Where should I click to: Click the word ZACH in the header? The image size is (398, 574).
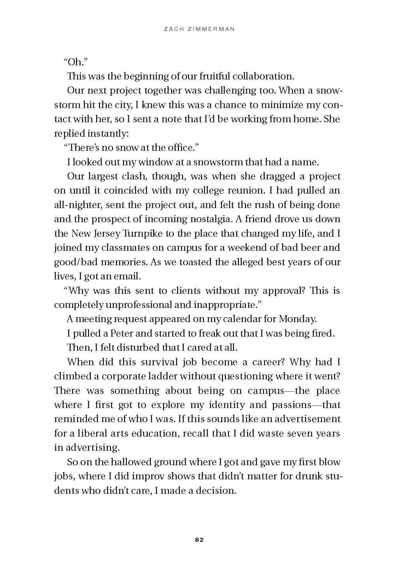[x=174, y=30]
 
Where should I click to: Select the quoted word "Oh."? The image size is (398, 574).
[x=76, y=62]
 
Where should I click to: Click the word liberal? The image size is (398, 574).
[x=89, y=433]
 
